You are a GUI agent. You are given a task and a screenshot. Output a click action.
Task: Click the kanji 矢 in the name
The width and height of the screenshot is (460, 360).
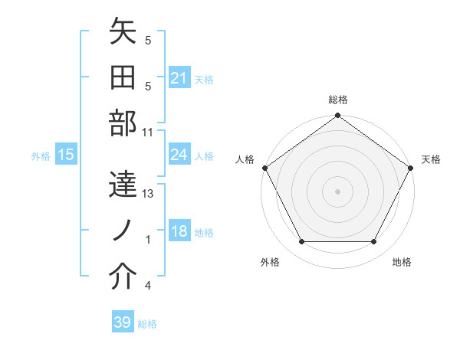(x=123, y=32)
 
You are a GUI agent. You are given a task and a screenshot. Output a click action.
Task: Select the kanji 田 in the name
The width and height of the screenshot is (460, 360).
(x=123, y=78)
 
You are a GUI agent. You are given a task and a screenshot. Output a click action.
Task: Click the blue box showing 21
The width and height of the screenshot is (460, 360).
(x=179, y=78)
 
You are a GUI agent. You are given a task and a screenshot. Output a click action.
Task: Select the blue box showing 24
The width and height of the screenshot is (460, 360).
(x=179, y=155)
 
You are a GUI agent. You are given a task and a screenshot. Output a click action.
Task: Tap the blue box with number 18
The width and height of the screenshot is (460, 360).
(x=179, y=232)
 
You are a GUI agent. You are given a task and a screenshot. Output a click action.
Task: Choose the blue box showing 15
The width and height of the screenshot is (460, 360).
(x=66, y=155)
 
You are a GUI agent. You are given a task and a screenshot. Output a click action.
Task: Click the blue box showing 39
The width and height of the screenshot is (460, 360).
(x=123, y=322)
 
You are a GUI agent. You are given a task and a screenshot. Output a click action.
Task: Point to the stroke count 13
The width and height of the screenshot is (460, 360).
(x=149, y=194)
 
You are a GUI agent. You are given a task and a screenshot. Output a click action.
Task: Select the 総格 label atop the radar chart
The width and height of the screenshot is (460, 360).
(x=337, y=100)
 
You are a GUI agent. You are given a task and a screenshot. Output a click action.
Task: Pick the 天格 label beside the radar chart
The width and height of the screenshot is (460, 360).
(x=431, y=159)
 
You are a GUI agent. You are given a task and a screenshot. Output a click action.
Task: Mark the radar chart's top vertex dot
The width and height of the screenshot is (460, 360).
(x=337, y=116)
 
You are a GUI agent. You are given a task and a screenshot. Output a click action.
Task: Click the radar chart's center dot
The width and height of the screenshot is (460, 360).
(x=337, y=191)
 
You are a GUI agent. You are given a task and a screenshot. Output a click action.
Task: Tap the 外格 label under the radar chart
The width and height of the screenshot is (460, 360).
(x=270, y=262)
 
